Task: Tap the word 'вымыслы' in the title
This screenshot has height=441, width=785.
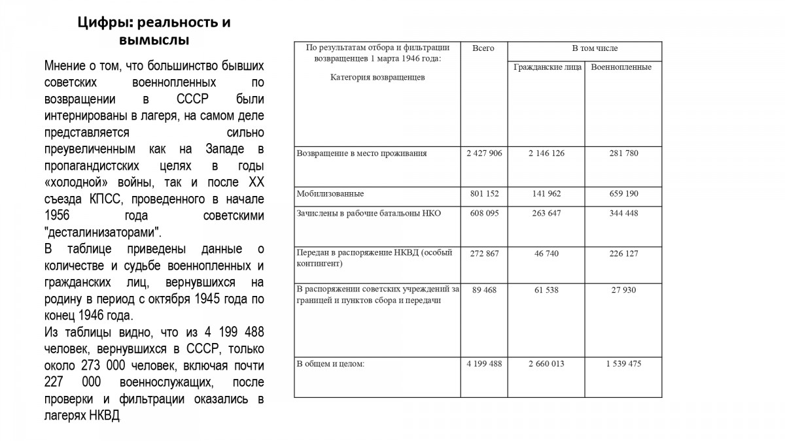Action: coord(154,41)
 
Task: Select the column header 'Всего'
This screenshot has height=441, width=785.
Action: coord(483,48)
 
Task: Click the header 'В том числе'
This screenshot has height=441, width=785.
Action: coord(595,48)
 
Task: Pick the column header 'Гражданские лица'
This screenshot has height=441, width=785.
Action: coord(547,67)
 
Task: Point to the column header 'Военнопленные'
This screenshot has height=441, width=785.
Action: coord(621,67)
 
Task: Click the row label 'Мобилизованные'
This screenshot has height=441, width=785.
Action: coord(330,194)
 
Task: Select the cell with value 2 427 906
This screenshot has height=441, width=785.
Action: coord(484,154)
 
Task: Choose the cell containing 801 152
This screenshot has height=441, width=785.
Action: coord(484,194)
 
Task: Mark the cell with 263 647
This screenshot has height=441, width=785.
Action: coord(546,214)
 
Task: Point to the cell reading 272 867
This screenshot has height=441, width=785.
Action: coord(484,253)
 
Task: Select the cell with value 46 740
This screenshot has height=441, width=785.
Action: coord(546,253)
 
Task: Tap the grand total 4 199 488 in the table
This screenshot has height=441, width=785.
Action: coord(484,364)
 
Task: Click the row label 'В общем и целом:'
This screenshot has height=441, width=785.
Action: coord(330,364)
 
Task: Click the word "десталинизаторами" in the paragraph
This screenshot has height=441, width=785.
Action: coord(103,233)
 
